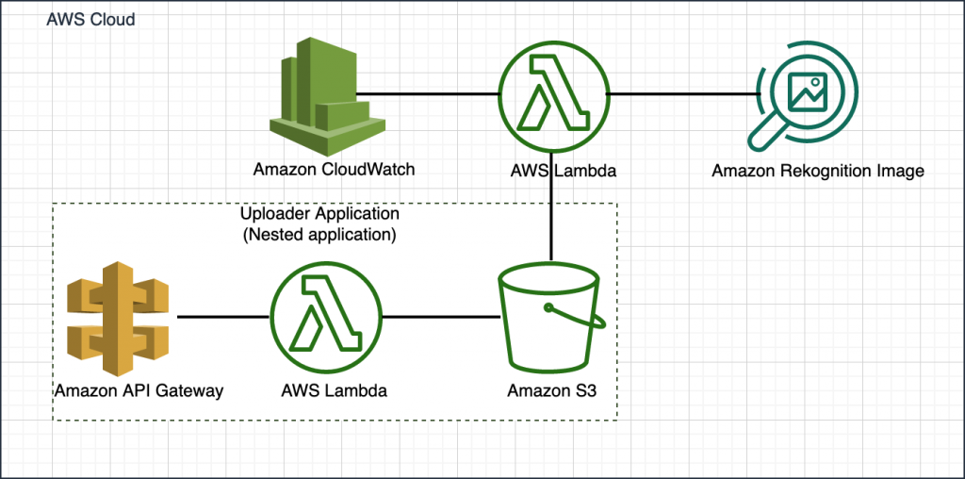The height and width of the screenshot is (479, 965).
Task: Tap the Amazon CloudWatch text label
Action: pyautogui.click(x=334, y=170)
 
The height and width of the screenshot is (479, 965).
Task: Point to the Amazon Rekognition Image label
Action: pyautogui.click(x=817, y=171)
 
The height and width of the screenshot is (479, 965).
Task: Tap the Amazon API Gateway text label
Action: pyautogui.click(x=139, y=390)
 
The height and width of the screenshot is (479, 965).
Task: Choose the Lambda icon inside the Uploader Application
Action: pyautogui.click(x=326, y=317)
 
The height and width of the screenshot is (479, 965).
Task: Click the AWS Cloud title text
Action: pyautogui.click(x=90, y=20)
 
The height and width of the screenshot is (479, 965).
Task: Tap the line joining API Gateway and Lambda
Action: pyautogui.click(x=223, y=317)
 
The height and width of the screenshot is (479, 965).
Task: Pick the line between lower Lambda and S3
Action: pyautogui.click(x=439, y=317)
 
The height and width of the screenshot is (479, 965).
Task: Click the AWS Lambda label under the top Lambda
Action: pyautogui.click(x=552, y=171)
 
